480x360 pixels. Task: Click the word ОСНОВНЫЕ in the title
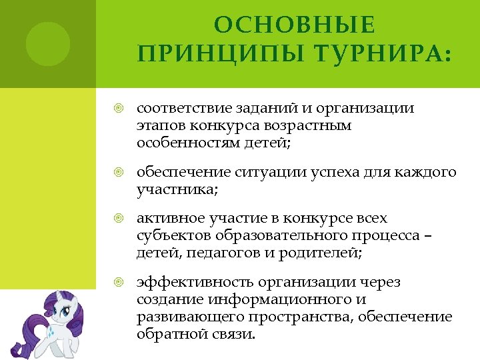(x=295, y=25)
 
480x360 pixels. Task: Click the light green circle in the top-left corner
(x=48, y=44)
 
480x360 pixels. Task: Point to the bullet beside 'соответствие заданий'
(x=119, y=108)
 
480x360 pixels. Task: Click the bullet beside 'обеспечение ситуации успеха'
(x=119, y=173)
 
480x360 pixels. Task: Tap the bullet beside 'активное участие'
(x=119, y=219)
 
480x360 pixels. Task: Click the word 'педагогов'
(x=219, y=253)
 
